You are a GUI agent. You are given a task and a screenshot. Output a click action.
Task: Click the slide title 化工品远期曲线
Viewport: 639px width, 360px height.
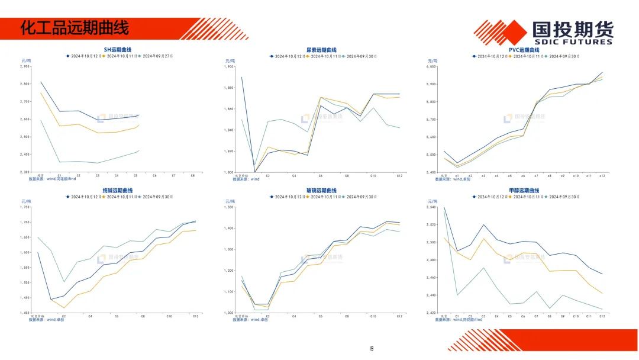74,27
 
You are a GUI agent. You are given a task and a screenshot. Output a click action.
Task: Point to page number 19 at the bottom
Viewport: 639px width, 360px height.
371,349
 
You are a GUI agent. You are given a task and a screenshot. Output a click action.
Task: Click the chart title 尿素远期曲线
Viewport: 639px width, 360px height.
321,50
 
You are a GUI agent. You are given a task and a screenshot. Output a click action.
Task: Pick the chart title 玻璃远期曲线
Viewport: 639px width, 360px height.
321,191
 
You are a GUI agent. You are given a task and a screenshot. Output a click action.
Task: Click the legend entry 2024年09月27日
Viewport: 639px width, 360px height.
157,56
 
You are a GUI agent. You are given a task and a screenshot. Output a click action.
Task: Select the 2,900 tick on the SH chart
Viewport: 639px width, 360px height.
24,66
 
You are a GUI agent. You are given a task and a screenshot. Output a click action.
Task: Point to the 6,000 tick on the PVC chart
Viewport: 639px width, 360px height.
431,66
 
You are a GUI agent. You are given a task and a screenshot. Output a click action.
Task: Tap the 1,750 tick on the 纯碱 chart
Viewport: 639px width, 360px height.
24,207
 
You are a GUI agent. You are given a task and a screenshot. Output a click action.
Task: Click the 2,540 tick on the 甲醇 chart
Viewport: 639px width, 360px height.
431,207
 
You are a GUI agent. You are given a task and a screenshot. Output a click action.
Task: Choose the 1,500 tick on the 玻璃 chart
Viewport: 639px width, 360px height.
228,207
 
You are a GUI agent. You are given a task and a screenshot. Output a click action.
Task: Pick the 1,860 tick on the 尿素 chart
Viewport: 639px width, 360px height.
228,109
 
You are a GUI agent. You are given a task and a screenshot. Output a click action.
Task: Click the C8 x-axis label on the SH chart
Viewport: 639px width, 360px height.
192,175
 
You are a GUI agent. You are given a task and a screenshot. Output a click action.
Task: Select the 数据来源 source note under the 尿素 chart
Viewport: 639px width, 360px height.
246,179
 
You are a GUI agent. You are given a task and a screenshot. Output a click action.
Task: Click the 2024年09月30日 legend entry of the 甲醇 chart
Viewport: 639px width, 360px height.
564,197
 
